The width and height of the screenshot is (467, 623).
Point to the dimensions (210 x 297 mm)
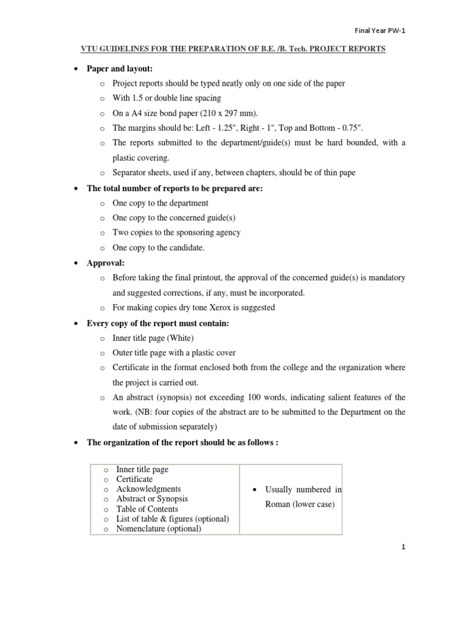pos(222,113)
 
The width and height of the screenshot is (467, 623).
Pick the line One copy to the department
pos(161,203)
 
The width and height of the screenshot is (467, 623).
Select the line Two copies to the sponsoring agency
pos(176,232)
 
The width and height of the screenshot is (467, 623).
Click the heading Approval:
pos(105,262)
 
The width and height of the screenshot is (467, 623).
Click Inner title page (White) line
pos(153,338)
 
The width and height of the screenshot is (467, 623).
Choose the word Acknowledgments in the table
pos(148,489)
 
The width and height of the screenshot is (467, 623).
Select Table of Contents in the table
pos(147,509)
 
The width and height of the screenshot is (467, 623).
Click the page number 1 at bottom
pos(403,547)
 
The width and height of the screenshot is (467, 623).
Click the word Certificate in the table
pos(135,479)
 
